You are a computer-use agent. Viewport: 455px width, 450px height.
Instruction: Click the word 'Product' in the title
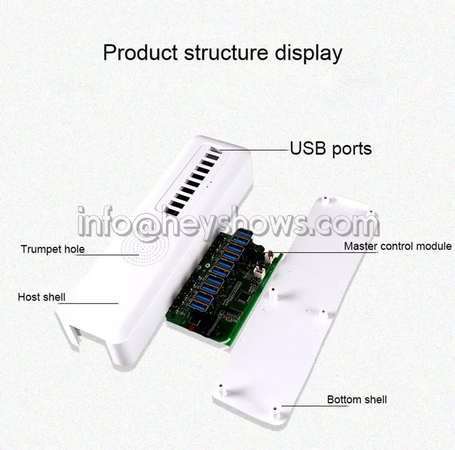point(140,52)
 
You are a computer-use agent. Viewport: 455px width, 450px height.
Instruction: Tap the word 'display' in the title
point(308,53)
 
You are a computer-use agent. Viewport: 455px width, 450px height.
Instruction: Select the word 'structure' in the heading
point(226,53)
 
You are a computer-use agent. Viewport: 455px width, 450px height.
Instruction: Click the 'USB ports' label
point(331,148)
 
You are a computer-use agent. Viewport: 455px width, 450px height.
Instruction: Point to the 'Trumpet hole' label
point(52,249)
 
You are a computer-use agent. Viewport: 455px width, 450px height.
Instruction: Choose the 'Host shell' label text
point(42,297)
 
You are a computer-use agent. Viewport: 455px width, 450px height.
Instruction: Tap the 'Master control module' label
point(398,246)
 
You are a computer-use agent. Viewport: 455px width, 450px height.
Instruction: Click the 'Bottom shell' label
point(357,399)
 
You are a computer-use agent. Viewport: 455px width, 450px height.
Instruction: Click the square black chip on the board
point(244,296)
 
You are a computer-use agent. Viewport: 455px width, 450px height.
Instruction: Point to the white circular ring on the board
point(208,266)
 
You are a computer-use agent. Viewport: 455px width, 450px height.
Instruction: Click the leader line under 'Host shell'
point(88,303)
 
